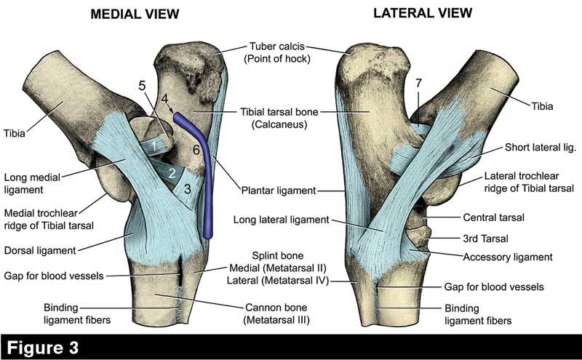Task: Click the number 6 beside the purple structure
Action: [196, 149]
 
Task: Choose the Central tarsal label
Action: [494, 217]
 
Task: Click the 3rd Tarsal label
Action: [487, 237]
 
